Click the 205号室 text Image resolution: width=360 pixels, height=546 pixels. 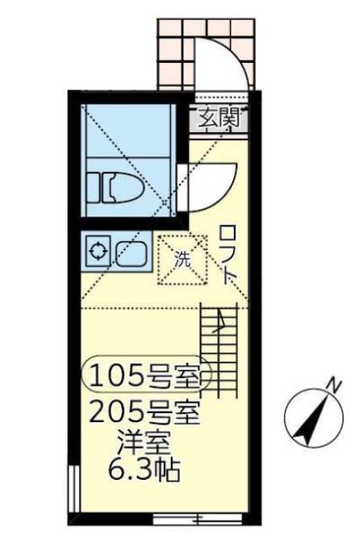click(147, 411)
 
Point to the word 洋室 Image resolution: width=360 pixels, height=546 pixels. click(147, 442)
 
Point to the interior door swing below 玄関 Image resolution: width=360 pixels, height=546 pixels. click(211, 182)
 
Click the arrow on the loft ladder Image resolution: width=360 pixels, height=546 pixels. click(220, 326)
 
